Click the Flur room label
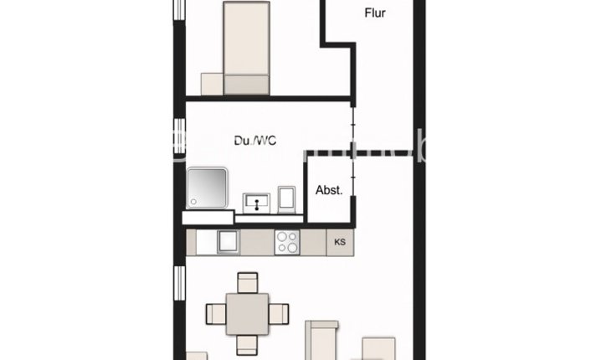(x=374, y=13)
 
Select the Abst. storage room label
(x=329, y=190)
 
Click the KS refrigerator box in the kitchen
(x=340, y=243)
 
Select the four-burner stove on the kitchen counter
(x=288, y=242)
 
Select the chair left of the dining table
(x=215, y=314)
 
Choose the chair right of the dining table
(x=280, y=314)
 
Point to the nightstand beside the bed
(x=212, y=84)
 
